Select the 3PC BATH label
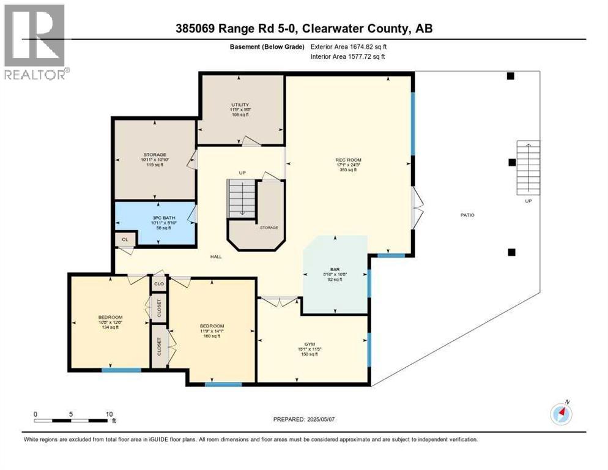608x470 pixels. pos(155,217)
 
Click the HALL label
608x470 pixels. pos(216,256)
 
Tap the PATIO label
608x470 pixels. pos(467,215)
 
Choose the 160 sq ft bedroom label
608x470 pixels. pos(212,326)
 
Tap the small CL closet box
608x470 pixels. pos(124,239)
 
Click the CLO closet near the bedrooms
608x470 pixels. pos(159,284)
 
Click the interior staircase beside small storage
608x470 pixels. pos(242,197)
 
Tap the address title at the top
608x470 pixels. pos(303,28)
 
